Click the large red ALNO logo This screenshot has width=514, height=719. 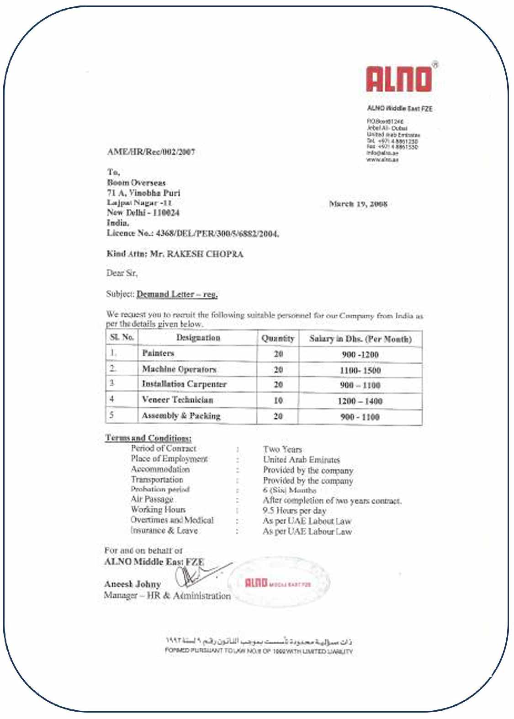398,79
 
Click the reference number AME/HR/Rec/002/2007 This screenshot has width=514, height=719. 151,152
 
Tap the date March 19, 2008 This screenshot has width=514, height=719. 358,204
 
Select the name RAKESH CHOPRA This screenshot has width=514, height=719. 205,254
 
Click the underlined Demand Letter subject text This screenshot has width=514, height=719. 177,294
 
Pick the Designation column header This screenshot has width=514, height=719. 198,338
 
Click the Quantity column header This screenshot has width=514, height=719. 278,339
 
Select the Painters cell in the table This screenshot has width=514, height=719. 158,353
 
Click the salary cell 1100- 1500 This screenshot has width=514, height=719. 360,370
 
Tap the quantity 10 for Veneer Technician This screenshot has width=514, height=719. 278,400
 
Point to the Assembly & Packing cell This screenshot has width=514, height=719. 181,415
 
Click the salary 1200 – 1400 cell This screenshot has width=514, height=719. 360,401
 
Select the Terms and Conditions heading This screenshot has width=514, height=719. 148,438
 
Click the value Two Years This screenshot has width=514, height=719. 282,449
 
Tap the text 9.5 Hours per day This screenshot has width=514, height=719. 294,511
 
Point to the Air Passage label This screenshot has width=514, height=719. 152,499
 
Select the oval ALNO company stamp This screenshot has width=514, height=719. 278,582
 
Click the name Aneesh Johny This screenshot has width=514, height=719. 132,584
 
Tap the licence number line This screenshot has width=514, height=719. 193,234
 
